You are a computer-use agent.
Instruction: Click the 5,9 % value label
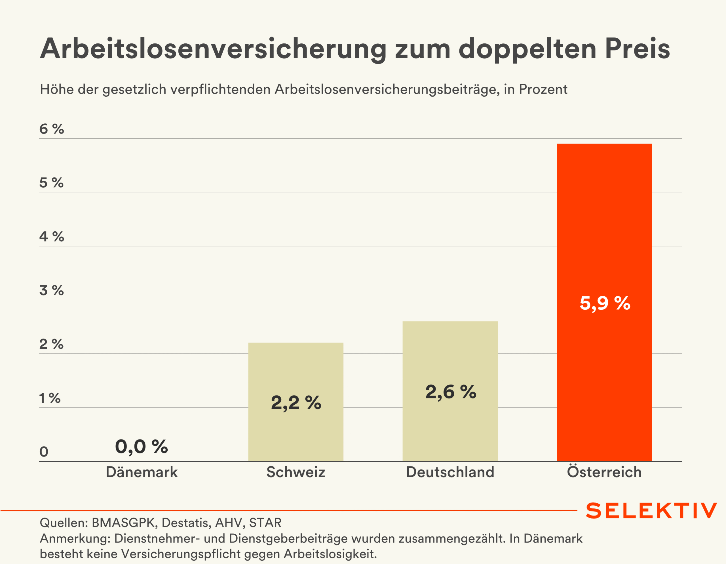tap(605, 303)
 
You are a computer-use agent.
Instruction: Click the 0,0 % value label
tap(141, 446)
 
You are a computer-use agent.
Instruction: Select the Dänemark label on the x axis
tap(142, 472)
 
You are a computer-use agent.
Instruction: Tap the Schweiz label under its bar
tap(296, 472)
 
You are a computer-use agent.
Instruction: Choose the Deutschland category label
tap(450, 472)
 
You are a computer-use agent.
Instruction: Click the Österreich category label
tap(604, 472)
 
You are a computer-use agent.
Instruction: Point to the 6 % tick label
tap(52, 129)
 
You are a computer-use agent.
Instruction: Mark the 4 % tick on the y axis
tap(52, 237)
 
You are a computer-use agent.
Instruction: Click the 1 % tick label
tap(50, 398)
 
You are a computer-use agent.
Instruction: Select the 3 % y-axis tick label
tap(52, 290)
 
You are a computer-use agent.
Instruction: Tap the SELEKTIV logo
tap(651, 510)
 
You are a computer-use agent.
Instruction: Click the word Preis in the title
tap(637, 48)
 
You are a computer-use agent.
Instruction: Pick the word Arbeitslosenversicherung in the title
tap(213, 49)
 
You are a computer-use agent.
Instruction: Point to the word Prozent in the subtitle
tap(543, 89)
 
